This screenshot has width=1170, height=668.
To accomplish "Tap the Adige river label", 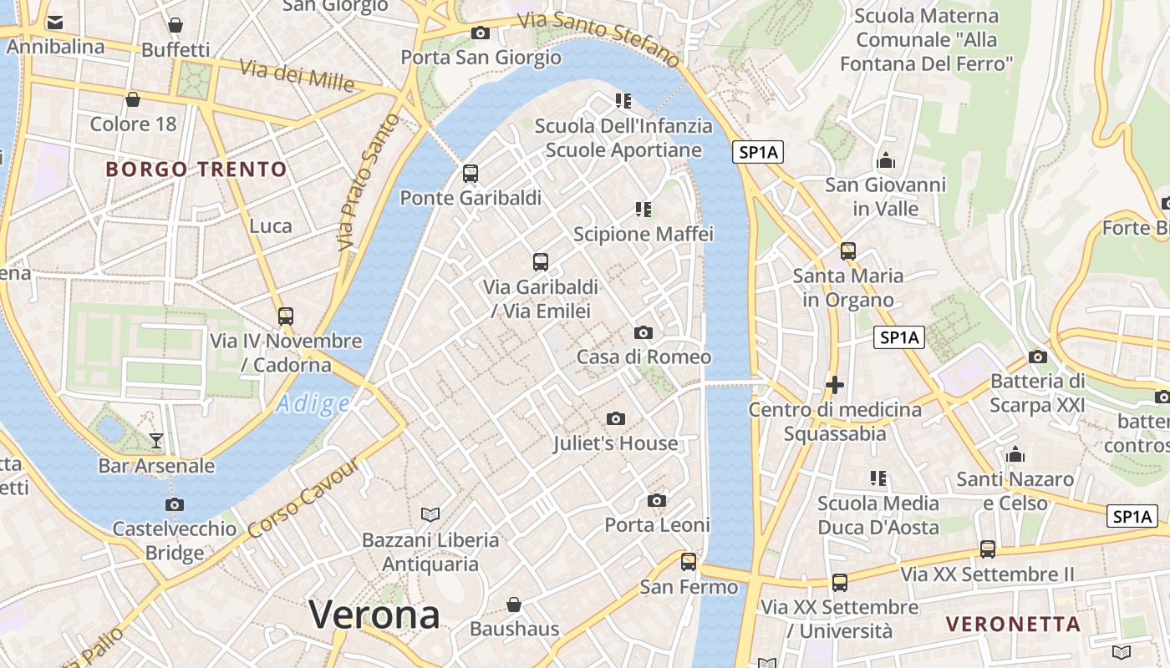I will (x=313, y=404).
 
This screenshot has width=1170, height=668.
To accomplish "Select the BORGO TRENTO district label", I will (x=196, y=170).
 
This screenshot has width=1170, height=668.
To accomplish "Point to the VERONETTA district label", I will (x=1013, y=624).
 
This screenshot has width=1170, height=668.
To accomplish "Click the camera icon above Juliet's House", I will (x=616, y=418).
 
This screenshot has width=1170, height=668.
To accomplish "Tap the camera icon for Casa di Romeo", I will (x=643, y=332).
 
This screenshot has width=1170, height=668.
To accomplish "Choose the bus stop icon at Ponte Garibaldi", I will (x=471, y=174).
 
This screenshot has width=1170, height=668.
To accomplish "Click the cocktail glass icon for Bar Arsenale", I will (x=156, y=441).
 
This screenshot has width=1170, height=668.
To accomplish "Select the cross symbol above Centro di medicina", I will (x=834, y=385).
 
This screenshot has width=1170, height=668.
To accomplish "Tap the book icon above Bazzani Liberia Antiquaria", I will (x=430, y=514).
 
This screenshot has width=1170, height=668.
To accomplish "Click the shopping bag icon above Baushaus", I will (x=514, y=604).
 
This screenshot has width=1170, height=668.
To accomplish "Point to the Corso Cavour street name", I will (x=303, y=499).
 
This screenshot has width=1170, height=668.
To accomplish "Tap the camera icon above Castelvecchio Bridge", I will (x=174, y=504).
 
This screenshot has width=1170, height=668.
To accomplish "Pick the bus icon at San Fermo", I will (x=689, y=562).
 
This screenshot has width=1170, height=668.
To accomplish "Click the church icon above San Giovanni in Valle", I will (x=885, y=160).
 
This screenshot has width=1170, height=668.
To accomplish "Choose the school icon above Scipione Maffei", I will (x=643, y=209).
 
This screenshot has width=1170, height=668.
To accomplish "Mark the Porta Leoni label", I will (x=657, y=525).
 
